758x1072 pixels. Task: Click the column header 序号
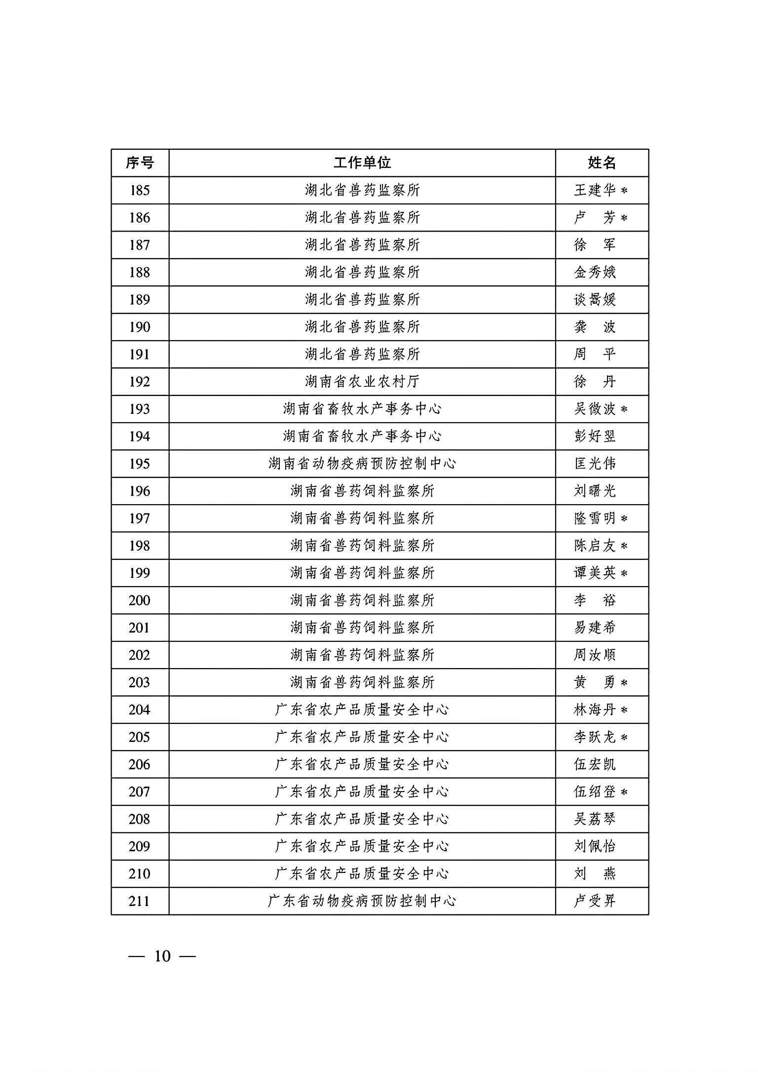(140, 162)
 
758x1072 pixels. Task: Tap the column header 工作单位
(362, 162)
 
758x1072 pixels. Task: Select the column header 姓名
(602, 162)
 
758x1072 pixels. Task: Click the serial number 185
(140, 190)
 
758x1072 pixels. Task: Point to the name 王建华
(595, 190)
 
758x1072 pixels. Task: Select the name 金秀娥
(595, 272)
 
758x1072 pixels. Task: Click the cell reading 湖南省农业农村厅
(362, 381)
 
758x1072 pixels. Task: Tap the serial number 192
(140, 381)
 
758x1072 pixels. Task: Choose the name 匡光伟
(595, 464)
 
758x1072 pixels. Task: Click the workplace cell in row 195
(362, 464)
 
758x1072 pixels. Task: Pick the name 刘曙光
(595, 491)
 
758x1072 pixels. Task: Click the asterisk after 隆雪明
(624, 518)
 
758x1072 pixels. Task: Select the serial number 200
(140, 600)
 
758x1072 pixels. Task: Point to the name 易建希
(595, 628)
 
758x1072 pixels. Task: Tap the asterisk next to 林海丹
(624, 710)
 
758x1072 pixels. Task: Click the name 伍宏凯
(595, 764)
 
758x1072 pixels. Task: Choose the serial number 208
(140, 819)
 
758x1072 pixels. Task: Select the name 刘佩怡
(595, 846)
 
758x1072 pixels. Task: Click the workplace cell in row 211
(362, 901)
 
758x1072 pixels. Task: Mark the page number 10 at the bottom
(162, 956)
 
